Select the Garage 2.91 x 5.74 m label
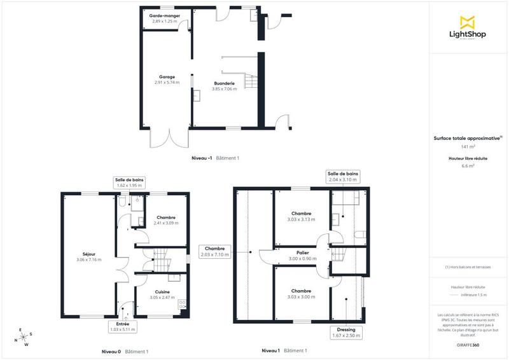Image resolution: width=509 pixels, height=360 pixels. coord(166,80)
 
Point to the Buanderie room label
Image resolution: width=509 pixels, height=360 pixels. coord(224,86)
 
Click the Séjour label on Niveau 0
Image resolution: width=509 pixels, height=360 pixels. coord(89,256)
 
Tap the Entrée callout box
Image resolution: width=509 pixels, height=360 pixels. coord(123,327)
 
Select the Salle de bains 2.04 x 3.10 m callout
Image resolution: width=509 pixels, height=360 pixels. coord(343,176)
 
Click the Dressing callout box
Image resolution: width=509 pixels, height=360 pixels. coord(347,333)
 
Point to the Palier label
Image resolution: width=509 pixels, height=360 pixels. coord(302,256)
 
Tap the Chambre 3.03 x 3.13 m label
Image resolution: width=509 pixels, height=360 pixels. coord(301,216)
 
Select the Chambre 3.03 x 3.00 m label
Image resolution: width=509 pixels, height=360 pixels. coord(301,293)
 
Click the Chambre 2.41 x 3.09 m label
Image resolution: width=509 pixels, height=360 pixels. coord(166,220)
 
